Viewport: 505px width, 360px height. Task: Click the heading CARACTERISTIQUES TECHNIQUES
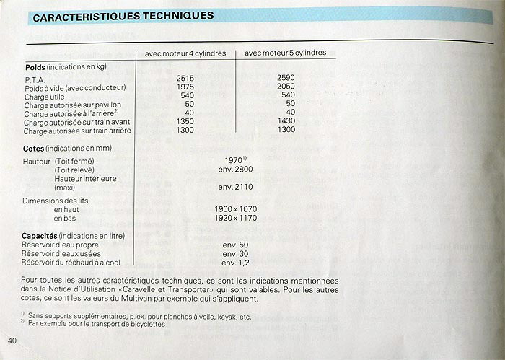coord(123,15)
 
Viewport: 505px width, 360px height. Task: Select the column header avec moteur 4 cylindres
coord(186,53)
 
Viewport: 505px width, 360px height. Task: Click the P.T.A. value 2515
coord(187,77)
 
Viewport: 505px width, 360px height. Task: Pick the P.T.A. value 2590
coord(288,77)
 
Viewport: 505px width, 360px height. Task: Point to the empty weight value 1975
coord(187,87)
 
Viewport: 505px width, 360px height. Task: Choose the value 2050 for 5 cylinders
coord(288,87)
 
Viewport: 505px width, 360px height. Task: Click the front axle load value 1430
coord(288,123)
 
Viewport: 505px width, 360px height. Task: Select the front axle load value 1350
coord(187,123)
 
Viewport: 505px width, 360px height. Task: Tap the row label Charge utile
coord(45,95)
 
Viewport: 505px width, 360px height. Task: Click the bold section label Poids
coord(36,67)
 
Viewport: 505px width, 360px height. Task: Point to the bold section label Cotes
coord(35,147)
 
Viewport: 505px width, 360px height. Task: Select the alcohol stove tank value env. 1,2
coord(236,263)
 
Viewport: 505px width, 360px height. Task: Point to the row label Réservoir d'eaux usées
coord(61,254)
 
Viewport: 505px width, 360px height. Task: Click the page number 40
coord(12,341)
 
